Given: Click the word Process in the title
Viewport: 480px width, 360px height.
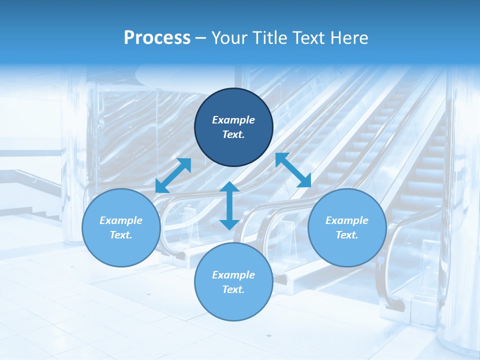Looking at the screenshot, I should [157, 38].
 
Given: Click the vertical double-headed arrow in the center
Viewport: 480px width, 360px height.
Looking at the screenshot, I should [229, 206].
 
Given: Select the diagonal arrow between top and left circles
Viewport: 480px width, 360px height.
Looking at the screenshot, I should [173, 175].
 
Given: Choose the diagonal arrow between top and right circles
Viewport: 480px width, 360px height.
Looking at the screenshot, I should [293, 170].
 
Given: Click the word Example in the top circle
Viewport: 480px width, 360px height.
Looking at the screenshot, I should [233, 120].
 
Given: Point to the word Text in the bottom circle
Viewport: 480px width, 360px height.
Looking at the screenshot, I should [233, 289].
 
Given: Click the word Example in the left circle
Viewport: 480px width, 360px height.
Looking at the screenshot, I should [121, 220].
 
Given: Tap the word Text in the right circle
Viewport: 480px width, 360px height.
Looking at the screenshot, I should [347, 235].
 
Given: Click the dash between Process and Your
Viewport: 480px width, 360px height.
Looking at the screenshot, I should [201, 38].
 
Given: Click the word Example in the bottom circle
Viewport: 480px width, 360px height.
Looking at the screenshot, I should [233, 275].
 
